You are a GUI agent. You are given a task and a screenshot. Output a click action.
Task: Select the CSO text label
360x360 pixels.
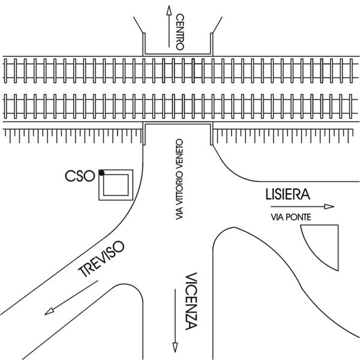coord(80,176)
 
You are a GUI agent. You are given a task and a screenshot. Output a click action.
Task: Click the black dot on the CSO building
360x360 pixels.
coord(101,173)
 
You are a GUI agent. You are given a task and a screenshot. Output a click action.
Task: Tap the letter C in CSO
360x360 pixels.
coord(70,176)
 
